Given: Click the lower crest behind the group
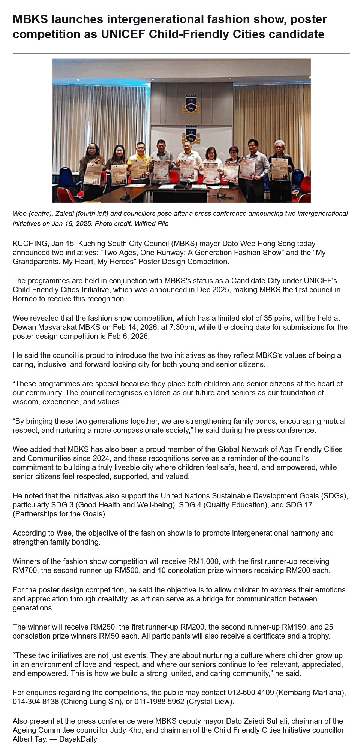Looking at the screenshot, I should [x=191, y=135].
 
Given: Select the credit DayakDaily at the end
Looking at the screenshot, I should [x=78, y=739].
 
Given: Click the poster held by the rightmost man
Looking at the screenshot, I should [x=279, y=169].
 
